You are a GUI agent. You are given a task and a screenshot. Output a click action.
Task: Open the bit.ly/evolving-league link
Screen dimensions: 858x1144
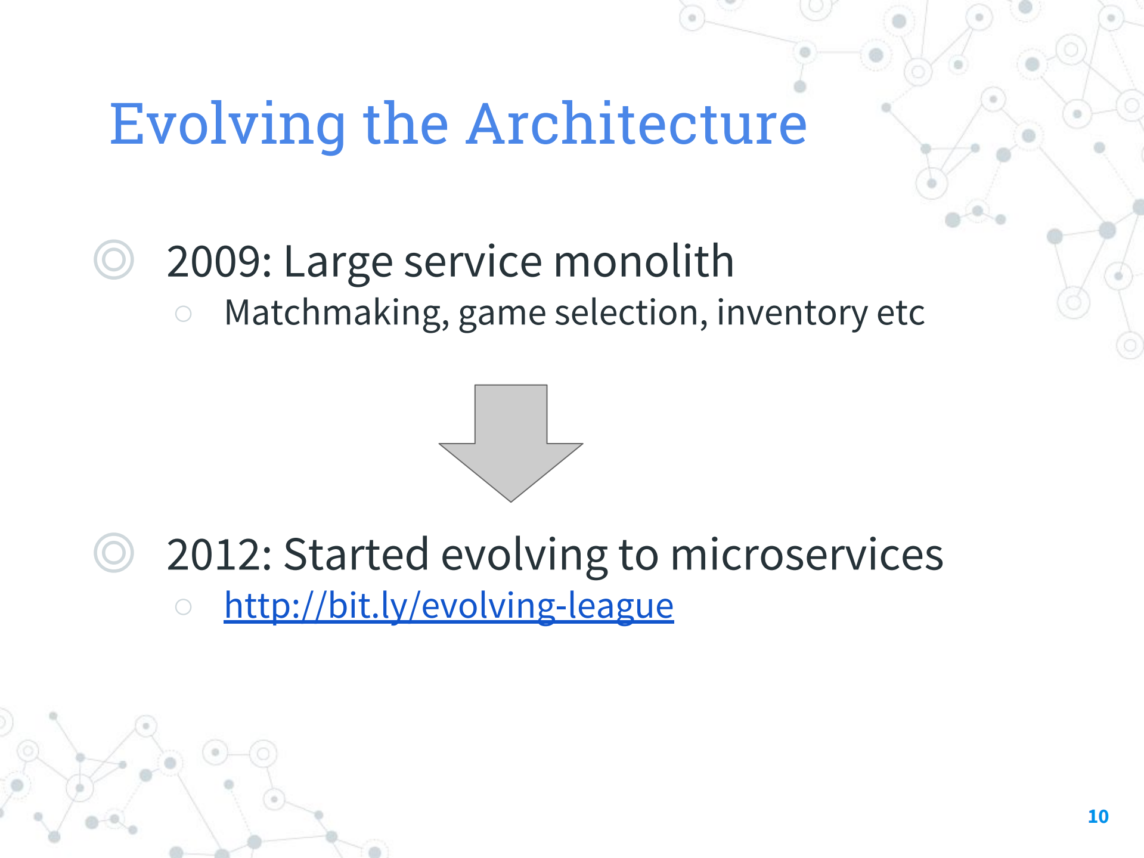click(x=448, y=606)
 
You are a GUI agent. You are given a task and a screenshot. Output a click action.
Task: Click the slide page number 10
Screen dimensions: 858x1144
click(x=1098, y=816)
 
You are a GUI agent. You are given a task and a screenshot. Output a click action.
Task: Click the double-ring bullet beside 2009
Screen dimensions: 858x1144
click(x=113, y=259)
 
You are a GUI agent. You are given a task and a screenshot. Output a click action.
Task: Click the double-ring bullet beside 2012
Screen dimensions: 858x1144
click(x=113, y=553)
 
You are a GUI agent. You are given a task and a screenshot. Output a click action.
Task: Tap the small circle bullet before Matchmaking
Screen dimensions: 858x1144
click(x=184, y=314)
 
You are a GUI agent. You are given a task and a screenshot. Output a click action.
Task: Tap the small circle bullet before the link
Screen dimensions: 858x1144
click(x=184, y=607)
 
